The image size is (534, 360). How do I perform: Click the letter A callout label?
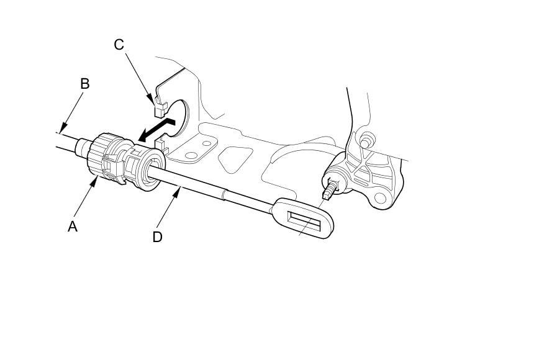[73, 227]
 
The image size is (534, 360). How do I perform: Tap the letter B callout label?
[84, 84]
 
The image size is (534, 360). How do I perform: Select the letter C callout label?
[119, 45]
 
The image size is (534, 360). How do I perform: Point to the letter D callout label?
[157, 236]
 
